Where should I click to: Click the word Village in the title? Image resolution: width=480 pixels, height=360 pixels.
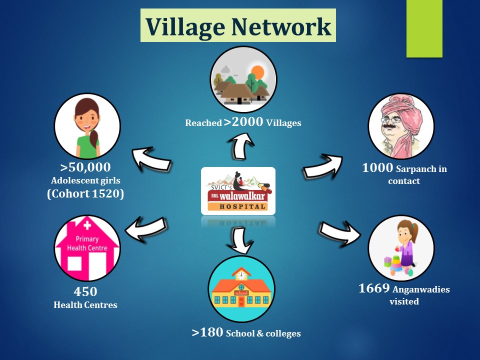[x=186, y=27]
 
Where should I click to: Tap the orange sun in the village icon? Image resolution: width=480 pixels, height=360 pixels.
[x=257, y=72]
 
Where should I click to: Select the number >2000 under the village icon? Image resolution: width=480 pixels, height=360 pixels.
[x=243, y=122]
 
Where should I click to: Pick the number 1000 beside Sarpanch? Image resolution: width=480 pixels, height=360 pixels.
[x=377, y=168]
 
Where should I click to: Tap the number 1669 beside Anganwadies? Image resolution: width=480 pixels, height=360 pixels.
[x=374, y=288]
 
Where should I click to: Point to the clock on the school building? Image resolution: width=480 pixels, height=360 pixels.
[x=241, y=275]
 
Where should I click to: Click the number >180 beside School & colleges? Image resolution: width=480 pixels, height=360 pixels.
[x=207, y=332]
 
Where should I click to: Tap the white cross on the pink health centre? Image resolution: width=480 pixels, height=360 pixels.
[x=87, y=225]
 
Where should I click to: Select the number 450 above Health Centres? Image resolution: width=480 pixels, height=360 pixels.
[x=85, y=291]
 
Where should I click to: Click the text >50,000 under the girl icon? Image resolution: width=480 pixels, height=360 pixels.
[x=85, y=167]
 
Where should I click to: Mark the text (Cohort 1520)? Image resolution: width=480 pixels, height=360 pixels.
[x=85, y=194]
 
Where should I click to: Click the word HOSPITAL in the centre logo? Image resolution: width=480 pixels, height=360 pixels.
[x=242, y=207]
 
